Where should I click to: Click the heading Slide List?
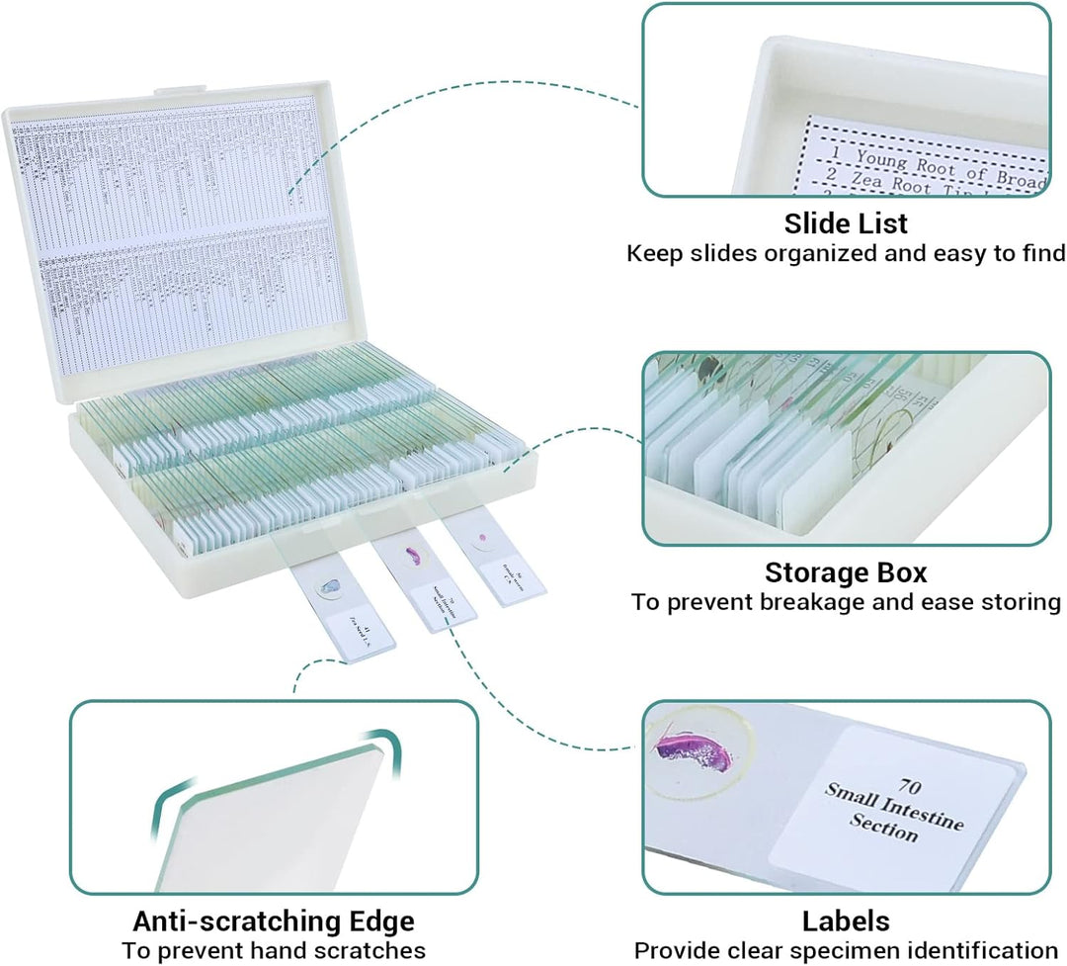[x=846, y=223]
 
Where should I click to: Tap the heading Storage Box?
[x=846, y=572]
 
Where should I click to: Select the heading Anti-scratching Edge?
[x=274, y=922]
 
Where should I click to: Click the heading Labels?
[x=846, y=922]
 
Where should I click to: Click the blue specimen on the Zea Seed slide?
[x=325, y=591]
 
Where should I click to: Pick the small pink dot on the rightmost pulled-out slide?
[x=483, y=539]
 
